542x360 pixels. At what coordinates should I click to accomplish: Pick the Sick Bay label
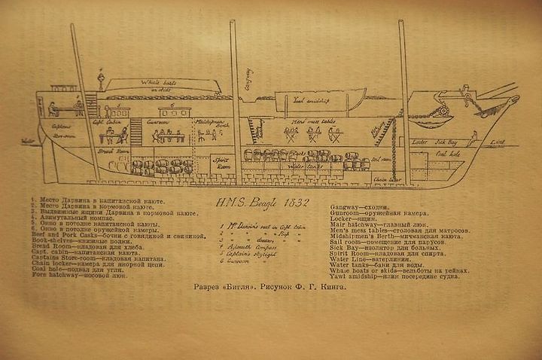pyautogui.click(x=447, y=141)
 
